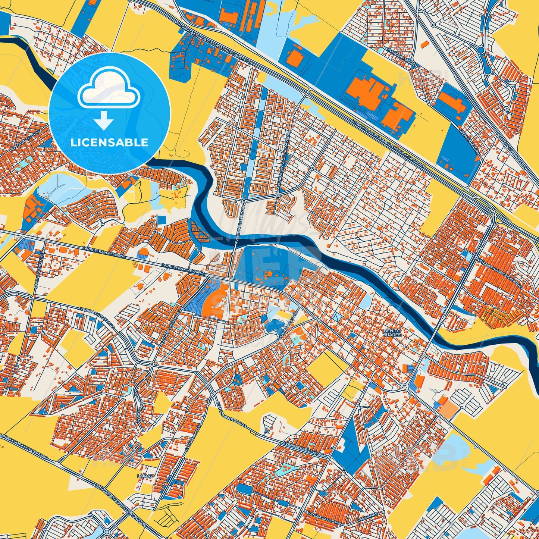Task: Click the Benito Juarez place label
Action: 392,333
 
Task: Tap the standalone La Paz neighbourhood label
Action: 145,476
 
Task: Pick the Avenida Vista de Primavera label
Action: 284,164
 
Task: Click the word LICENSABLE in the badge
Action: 109,142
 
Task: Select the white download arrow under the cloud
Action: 104,121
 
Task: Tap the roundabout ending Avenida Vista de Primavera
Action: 278,195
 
